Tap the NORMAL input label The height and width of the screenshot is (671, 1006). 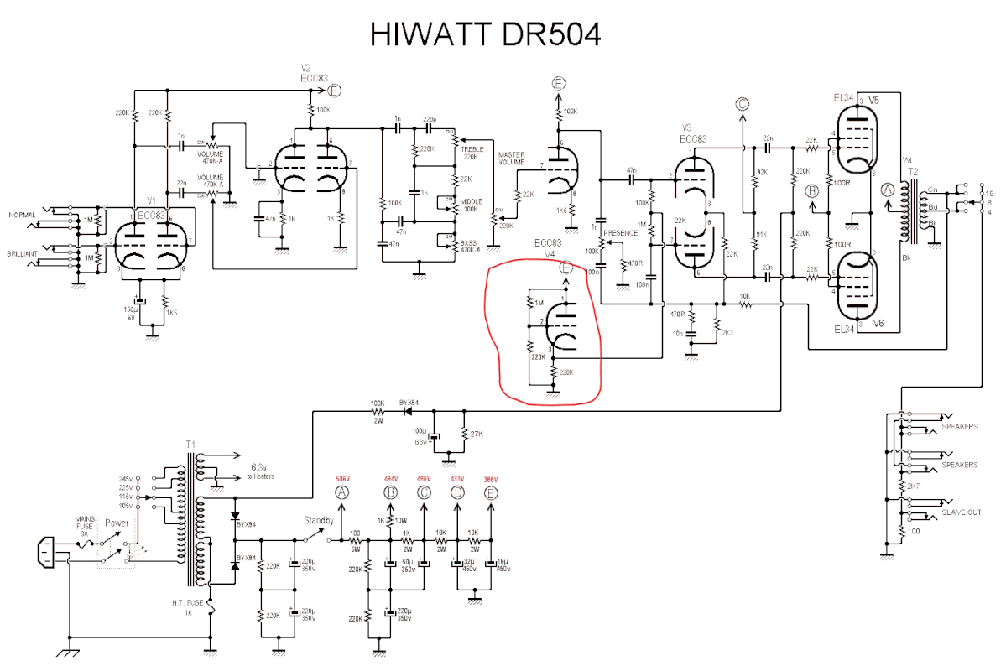pyautogui.click(x=22, y=215)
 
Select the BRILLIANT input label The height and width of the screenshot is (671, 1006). pyautogui.click(x=23, y=252)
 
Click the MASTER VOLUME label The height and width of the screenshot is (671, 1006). pyautogui.click(x=511, y=159)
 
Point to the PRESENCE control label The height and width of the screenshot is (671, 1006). pyautogui.click(x=621, y=232)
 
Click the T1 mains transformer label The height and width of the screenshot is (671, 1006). pyautogui.click(x=190, y=443)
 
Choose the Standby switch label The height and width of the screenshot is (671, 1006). pyautogui.click(x=319, y=520)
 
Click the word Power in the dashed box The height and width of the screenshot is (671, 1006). pyautogui.click(x=117, y=523)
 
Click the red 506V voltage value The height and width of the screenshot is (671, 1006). pyautogui.click(x=341, y=479)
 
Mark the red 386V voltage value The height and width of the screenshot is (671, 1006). pyautogui.click(x=491, y=479)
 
